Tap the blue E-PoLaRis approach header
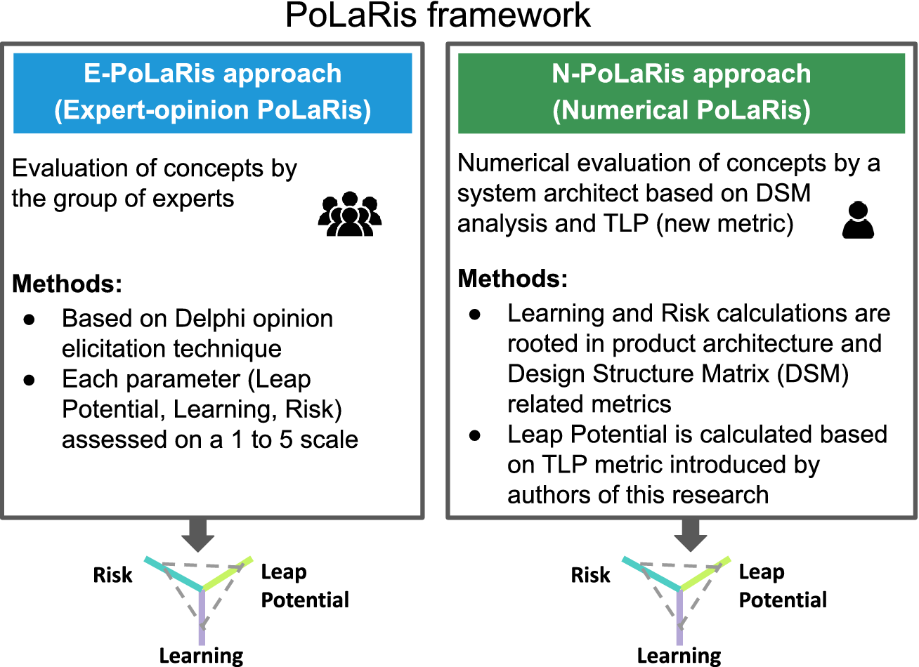click(x=212, y=93)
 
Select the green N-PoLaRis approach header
click(x=681, y=93)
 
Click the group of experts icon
click(x=349, y=214)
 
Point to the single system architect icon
click(x=858, y=220)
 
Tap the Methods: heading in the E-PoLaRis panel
click(x=67, y=284)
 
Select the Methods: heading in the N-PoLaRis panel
click(x=512, y=279)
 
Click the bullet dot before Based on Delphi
click(x=30, y=319)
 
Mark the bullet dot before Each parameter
click(x=30, y=380)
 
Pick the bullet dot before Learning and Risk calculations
click(x=475, y=314)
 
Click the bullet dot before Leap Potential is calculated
click(x=475, y=435)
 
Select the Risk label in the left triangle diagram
click(x=112, y=575)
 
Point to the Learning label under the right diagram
click(x=679, y=656)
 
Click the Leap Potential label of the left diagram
click(x=304, y=586)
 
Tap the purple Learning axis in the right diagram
click(x=679, y=618)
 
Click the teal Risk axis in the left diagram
click(x=172, y=574)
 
